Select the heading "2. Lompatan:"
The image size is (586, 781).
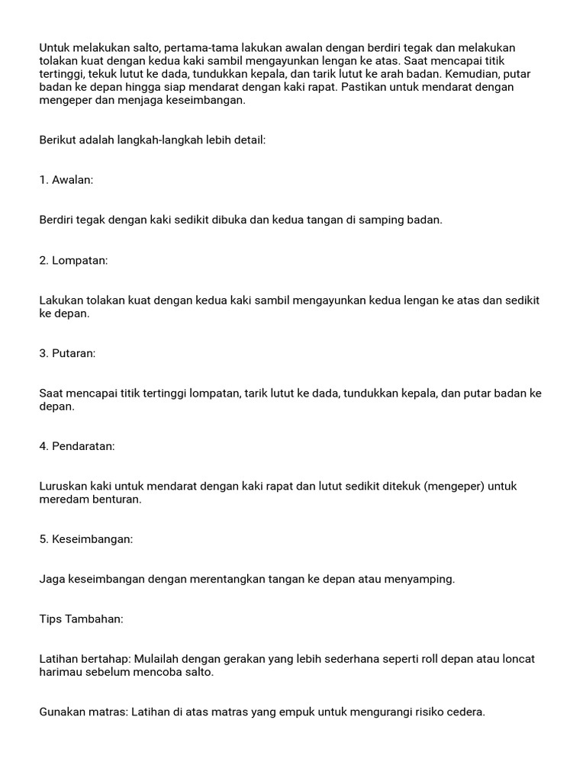(73, 261)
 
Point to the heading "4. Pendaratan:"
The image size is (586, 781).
(77, 446)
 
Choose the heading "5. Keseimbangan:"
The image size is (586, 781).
(85, 539)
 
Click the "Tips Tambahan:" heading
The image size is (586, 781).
(81, 619)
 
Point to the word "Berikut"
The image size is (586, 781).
(58, 140)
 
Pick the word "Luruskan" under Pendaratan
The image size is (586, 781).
(63, 486)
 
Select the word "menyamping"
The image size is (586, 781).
(423, 579)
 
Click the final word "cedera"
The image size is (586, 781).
(465, 712)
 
